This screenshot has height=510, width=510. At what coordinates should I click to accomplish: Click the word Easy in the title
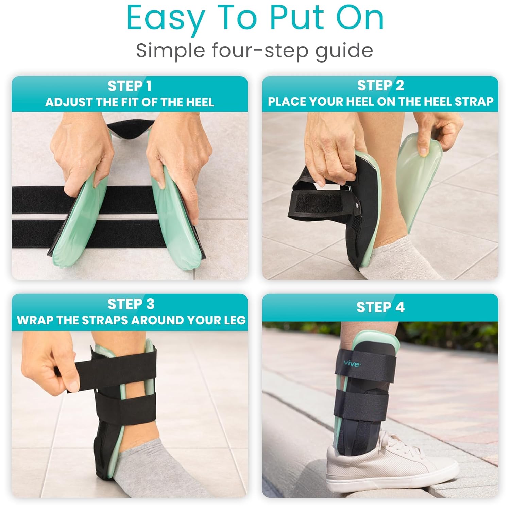(x=166, y=19)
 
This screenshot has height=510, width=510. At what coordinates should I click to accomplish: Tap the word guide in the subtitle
(x=344, y=51)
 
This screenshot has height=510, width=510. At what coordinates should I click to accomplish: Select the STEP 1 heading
(x=130, y=86)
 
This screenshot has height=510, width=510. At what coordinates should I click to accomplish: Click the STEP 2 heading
(x=380, y=86)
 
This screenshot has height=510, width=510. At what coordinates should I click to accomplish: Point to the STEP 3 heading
(x=131, y=304)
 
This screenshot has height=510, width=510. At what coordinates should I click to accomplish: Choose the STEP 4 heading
(x=380, y=307)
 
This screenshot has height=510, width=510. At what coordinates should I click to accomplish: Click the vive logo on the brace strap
(x=352, y=364)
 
